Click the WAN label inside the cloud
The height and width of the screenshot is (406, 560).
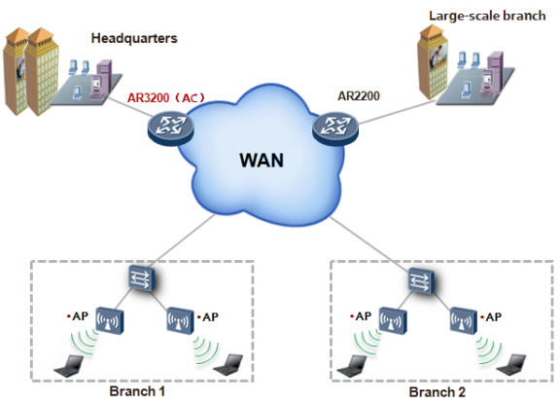pyautogui.click(x=262, y=158)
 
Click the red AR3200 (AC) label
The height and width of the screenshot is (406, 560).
pyautogui.click(x=166, y=97)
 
